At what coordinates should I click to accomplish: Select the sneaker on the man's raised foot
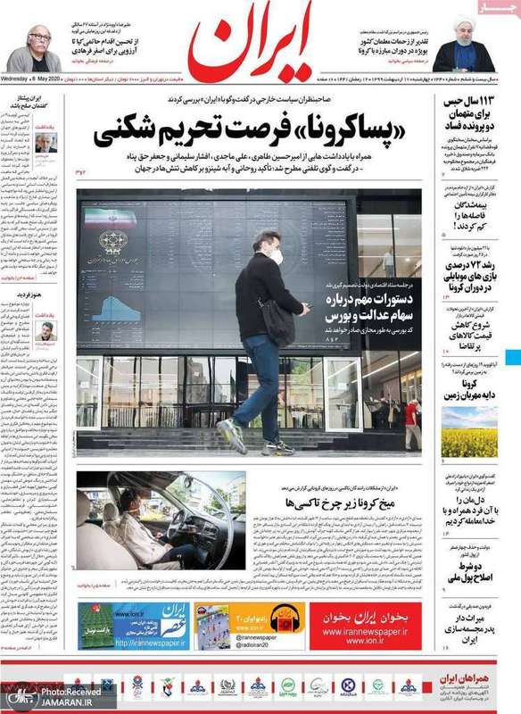pyautogui.click(x=232, y=436)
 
